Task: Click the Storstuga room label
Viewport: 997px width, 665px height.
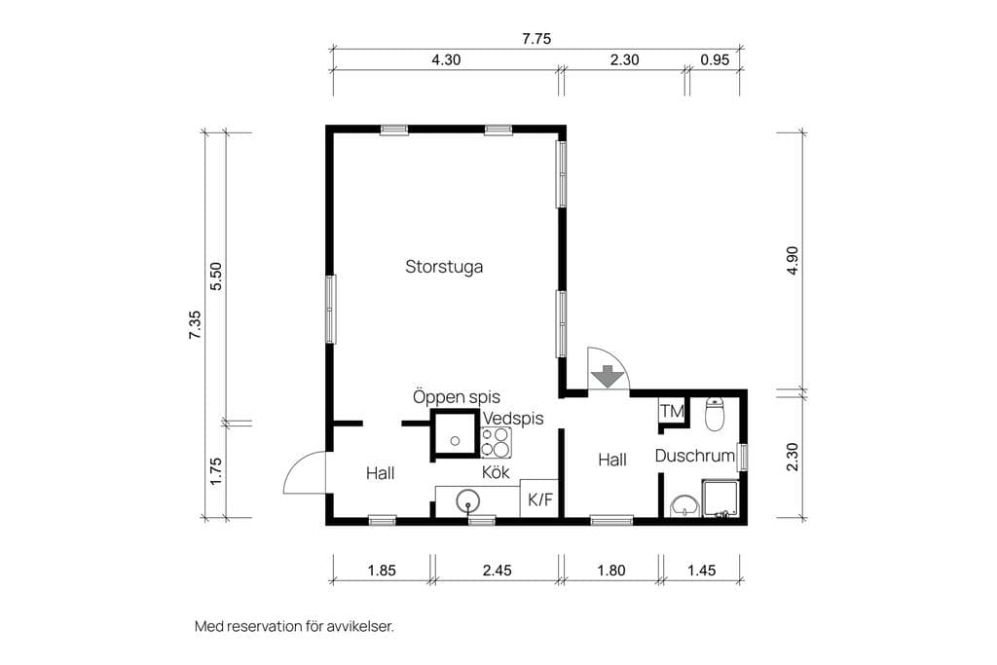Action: [444, 267]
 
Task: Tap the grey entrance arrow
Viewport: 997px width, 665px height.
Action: [609, 377]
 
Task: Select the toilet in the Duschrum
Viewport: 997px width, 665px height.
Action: [716, 414]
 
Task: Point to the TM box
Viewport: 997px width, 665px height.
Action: [672, 411]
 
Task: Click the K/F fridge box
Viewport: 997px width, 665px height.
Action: [539, 499]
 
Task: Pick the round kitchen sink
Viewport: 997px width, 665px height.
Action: [468, 501]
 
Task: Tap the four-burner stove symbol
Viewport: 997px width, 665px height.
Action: [496, 442]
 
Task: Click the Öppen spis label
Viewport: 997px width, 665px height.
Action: [457, 396]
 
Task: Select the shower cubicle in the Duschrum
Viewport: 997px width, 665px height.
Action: [720, 499]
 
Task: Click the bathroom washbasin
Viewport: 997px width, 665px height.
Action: [684, 505]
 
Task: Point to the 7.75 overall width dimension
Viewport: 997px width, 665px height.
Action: [536, 39]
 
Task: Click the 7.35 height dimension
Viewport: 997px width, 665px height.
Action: [195, 324]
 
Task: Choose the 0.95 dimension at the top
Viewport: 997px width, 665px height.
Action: [715, 59]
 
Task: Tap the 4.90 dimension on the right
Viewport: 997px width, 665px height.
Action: [793, 261]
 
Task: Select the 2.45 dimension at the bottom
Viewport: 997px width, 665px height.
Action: [497, 571]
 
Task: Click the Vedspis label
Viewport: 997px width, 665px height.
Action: [513, 419]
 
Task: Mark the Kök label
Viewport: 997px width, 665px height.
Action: [496, 472]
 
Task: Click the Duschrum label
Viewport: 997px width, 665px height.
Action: [695, 456]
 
